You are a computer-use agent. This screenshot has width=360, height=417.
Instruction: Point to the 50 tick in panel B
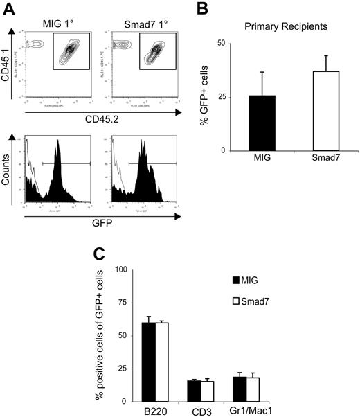point(219,43)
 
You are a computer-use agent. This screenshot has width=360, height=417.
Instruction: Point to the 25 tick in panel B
point(219,96)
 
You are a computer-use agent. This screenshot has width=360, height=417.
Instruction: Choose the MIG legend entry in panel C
point(255,281)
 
